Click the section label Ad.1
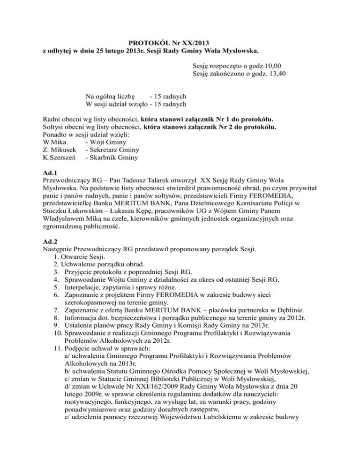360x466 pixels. (50, 174)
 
